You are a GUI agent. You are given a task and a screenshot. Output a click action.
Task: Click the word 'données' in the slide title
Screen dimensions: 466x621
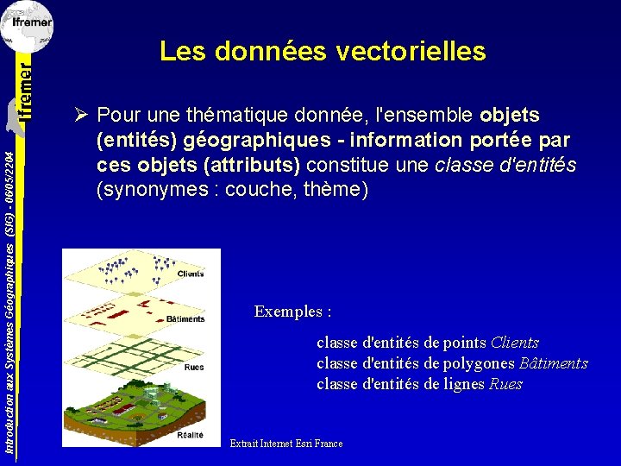point(269,52)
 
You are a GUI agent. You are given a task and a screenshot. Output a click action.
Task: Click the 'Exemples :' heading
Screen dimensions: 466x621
point(293,312)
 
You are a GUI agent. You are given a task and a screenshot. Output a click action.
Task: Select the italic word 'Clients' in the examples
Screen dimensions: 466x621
point(514,343)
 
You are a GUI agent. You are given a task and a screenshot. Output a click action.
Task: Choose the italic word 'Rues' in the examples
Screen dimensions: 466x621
point(505,384)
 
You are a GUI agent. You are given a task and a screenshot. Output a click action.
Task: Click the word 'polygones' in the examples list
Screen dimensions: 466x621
point(480,363)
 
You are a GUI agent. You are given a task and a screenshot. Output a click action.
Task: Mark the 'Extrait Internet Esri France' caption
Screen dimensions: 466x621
point(286,444)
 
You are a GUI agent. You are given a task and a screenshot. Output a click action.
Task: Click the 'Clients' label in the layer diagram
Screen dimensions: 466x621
point(191,274)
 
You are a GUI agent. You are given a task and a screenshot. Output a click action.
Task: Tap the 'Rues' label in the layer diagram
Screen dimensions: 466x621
point(193,367)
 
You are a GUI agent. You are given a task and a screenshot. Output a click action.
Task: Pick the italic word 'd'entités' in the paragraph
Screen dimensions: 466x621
point(539,165)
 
